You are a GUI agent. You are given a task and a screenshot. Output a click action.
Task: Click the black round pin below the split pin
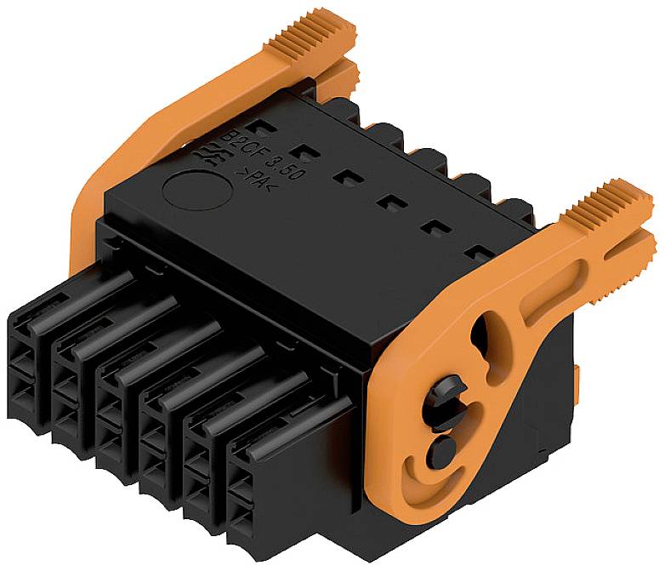[443, 448]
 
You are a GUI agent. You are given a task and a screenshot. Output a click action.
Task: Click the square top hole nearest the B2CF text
[266, 130]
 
